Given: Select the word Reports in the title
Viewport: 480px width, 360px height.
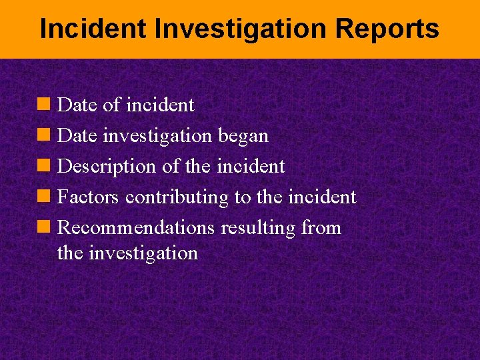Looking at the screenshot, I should click(387, 29).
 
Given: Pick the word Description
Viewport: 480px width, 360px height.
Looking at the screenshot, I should click(107, 166).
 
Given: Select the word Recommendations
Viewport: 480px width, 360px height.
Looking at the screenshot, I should click(136, 228).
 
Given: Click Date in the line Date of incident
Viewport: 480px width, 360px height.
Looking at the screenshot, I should click(77, 105).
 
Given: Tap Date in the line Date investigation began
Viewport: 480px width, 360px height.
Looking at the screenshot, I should click(77, 135).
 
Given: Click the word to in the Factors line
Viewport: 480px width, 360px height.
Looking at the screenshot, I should click(241, 197).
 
